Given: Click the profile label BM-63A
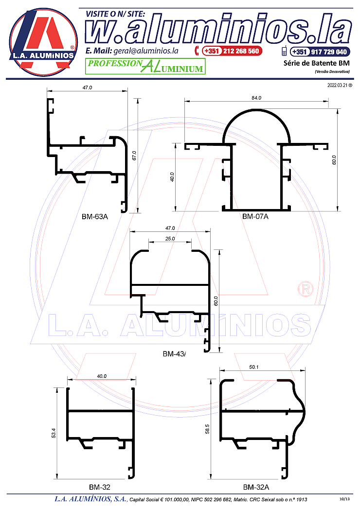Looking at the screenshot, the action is tap(94, 216).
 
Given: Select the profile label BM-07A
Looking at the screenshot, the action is tap(255, 216).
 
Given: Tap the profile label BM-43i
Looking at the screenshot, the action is tap(175, 354).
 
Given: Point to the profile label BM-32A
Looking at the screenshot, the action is tap(256, 487).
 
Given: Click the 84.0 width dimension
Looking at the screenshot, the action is tap(256, 98).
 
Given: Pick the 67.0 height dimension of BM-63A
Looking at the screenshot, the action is tap(134, 156).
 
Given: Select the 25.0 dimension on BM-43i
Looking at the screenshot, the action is tap(170, 239).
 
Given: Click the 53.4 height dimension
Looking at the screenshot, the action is tap(54, 433).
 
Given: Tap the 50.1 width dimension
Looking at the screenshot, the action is tap(254, 367).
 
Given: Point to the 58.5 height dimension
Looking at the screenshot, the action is tap(207, 429).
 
